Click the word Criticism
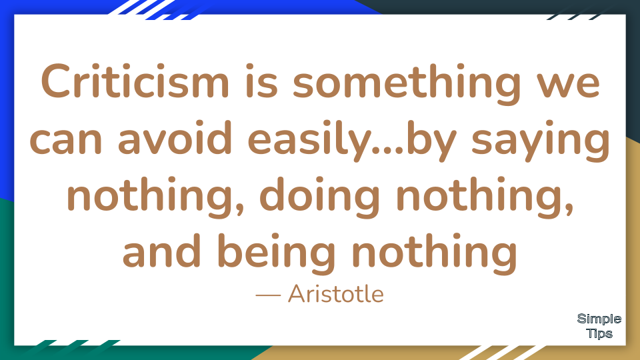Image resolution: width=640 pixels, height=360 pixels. click(135, 81)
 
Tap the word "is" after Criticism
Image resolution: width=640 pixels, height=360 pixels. click(261, 81)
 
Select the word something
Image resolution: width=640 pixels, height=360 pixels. click(407, 84)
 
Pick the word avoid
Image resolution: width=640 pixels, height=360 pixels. click(175, 137)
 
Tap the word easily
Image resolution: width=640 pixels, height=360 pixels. click(312, 140)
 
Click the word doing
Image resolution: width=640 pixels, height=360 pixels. click(319, 197)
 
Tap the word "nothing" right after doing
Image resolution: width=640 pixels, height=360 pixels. click(485, 197)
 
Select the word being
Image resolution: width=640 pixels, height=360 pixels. click(276, 253)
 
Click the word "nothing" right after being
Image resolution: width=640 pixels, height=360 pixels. click(435, 253)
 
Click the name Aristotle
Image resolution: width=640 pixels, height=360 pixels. click(336, 294)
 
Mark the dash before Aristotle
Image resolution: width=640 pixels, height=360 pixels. click(268, 295)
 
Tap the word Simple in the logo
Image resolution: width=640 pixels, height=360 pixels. click(599, 319)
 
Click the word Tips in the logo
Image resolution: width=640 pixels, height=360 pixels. click(599, 333)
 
